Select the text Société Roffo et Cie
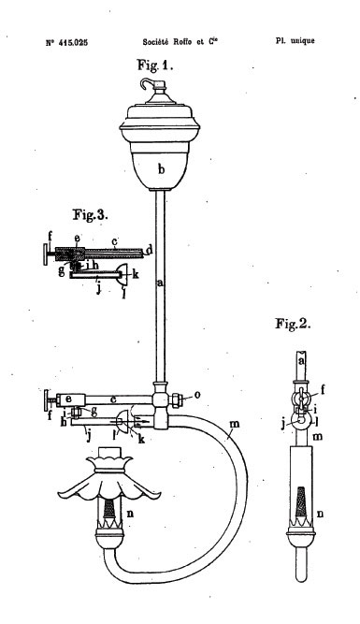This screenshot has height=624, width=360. pyautogui.click(x=180, y=42)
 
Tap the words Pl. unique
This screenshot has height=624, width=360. pyautogui.click(x=295, y=40)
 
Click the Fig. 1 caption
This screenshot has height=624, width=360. pyautogui.click(x=155, y=65)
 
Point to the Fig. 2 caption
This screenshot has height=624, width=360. pyautogui.click(x=293, y=324)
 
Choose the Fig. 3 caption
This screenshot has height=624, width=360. pyautogui.click(x=91, y=215)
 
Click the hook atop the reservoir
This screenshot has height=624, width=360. pyautogui.click(x=147, y=83)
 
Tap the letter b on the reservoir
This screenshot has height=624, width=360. pyautogui.click(x=161, y=170)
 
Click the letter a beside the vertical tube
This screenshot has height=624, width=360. pyautogui.click(x=160, y=283)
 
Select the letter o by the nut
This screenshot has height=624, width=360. pyautogui.click(x=197, y=395)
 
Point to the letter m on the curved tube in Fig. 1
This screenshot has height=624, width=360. pyautogui.click(x=235, y=424)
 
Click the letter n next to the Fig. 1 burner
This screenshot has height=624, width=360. pyautogui.click(x=130, y=514)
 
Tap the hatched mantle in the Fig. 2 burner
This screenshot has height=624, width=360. pyautogui.click(x=301, y=502)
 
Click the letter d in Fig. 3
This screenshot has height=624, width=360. pyautogui.click(x=149, y=251)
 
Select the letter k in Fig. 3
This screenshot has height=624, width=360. pyautogui.click(x=136, y=274)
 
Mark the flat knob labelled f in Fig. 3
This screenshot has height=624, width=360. pyautogui.click(x=46, y=254)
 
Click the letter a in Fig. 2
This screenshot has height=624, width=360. pyautogui.click(x=301, y=361)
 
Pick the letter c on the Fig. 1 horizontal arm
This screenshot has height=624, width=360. pyautogui.click(x=114, y=399)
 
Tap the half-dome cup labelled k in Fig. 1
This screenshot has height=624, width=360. pyautogui.click(x=123, y=422)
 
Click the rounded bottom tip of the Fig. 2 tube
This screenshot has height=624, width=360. pyautogui.click(x=301, y=579)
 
